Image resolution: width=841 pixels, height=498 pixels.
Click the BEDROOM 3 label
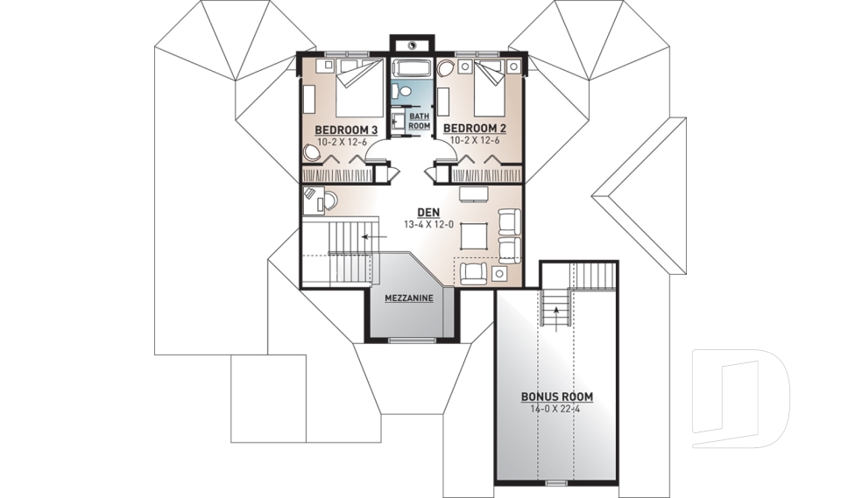tap(346, 130)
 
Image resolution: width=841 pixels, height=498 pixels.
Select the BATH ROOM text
tap(420, 122)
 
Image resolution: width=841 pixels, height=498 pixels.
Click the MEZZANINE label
tap(409, 298)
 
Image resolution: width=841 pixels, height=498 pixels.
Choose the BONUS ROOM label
tap(556, 396)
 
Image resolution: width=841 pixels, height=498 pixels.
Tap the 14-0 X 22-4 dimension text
tap(556, 409)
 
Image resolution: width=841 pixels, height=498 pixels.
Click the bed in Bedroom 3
tap(357, 88)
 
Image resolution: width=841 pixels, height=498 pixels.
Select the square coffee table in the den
tap(474, 235)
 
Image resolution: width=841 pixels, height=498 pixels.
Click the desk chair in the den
tap(329, 201)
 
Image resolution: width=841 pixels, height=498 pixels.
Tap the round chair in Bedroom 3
tap(313, 153)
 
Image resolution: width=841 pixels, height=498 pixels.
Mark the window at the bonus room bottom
tap(555, 482)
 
